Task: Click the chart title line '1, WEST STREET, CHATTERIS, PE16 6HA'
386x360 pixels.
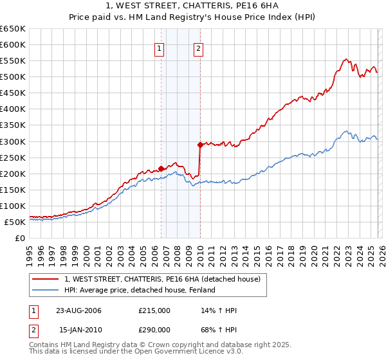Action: tap(193, 6)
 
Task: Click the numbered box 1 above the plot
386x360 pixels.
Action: tap(158, 48)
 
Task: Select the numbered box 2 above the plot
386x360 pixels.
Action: tap(198, 48)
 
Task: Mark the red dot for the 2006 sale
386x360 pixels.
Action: tap(161, 168)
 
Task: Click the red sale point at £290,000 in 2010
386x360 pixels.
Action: tap(200, 145)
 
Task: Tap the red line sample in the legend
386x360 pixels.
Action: tap(46, 279)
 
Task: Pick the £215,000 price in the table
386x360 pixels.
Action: tap(154, 310)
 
